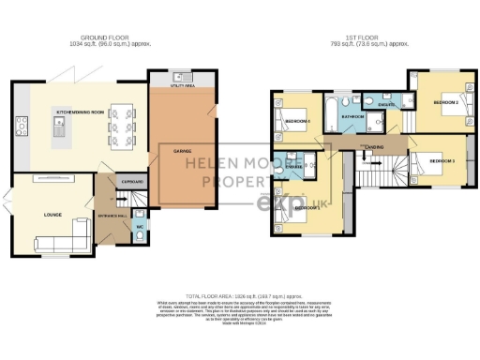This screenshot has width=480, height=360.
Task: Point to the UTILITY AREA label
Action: pyautogui.click(x=183, y=84)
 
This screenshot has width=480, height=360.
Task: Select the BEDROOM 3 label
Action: pyautogui.click(x=442, y=161)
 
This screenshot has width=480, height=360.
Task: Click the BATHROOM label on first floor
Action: pyautogui.click(x=352, y=117)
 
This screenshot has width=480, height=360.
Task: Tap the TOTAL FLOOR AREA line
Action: pyautogui.click(x=239, y=294)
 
